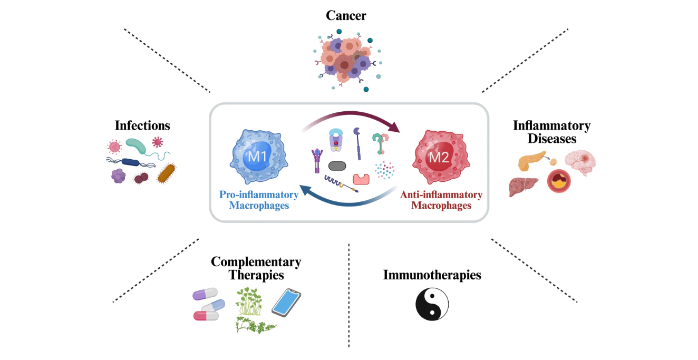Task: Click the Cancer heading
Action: (346, 15)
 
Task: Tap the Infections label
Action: (142, 125)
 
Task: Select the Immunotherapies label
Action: (432, 275)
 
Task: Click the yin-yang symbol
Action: (432, 304)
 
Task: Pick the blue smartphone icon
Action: (286, 304)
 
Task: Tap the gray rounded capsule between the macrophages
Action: (337, 166)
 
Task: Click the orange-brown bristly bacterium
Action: (167, 172)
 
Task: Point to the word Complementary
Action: (256, 261)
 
